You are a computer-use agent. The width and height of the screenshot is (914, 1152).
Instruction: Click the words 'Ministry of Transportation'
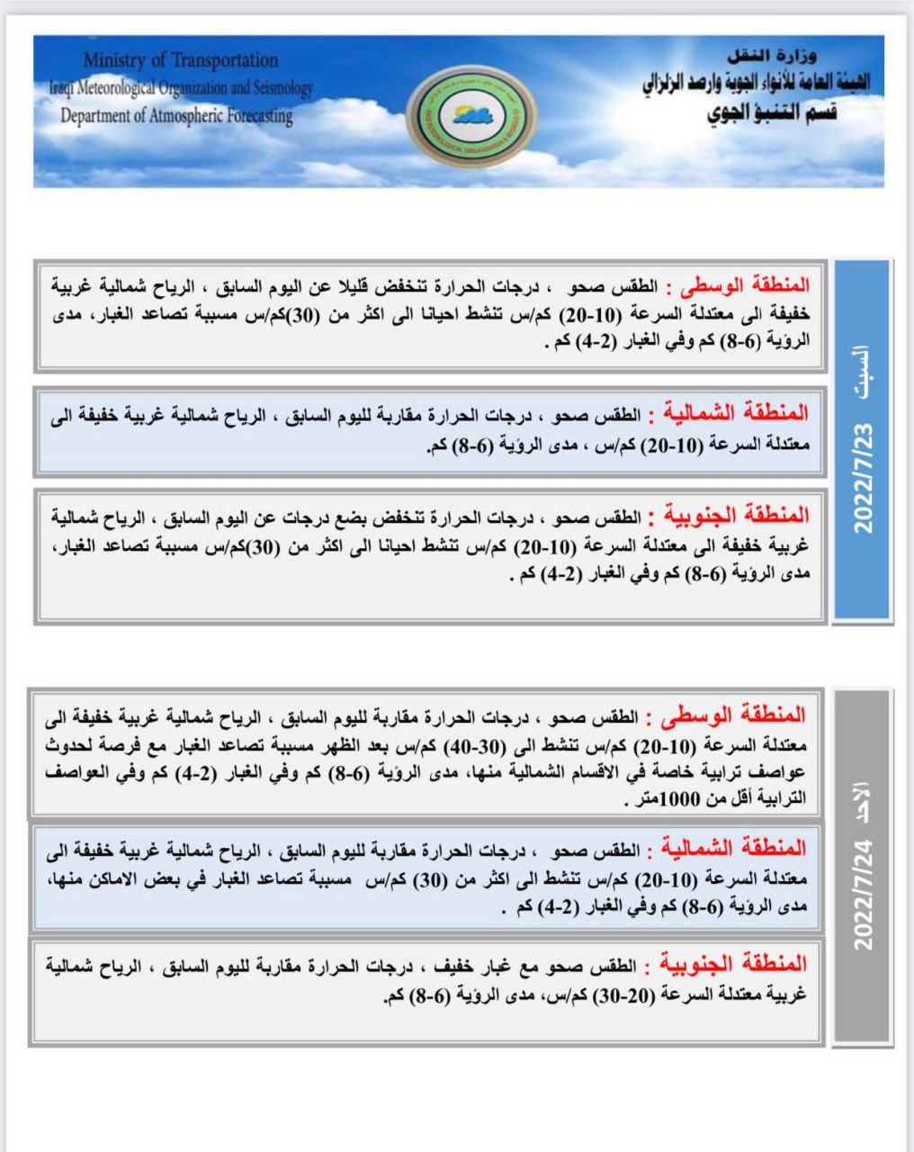coord(181,61)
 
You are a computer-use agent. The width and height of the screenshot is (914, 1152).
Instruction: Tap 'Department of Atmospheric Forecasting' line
coord(176,116)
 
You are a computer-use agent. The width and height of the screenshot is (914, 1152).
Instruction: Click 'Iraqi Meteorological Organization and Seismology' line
coord(181,89)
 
